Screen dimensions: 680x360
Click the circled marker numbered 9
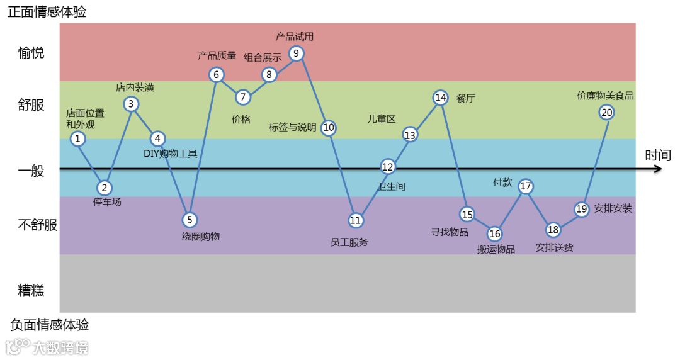coord(297,53)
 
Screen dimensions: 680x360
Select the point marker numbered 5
coord(190,220)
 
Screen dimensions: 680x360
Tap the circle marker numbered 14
coord(440,97)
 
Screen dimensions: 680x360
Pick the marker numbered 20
coord(606,112)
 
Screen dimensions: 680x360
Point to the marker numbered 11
coord(356,220)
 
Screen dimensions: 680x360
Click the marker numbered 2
coord(105,188)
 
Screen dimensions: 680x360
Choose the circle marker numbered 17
coord(526,186)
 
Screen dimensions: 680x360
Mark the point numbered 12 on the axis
coord(388,167)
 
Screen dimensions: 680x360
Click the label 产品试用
coord(295,37)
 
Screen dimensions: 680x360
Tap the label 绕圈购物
coord(201,237)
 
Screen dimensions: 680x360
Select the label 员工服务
coord(349,242)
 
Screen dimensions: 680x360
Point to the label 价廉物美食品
coord(605,96)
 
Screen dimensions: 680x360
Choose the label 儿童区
coord(381,119)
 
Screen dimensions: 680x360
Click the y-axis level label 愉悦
coord(31,53)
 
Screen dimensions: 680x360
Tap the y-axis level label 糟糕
coord(31,290)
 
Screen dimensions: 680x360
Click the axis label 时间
coord(658,155)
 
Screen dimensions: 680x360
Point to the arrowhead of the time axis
coord(658,169)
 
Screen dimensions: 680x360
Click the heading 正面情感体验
coord(47,12)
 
